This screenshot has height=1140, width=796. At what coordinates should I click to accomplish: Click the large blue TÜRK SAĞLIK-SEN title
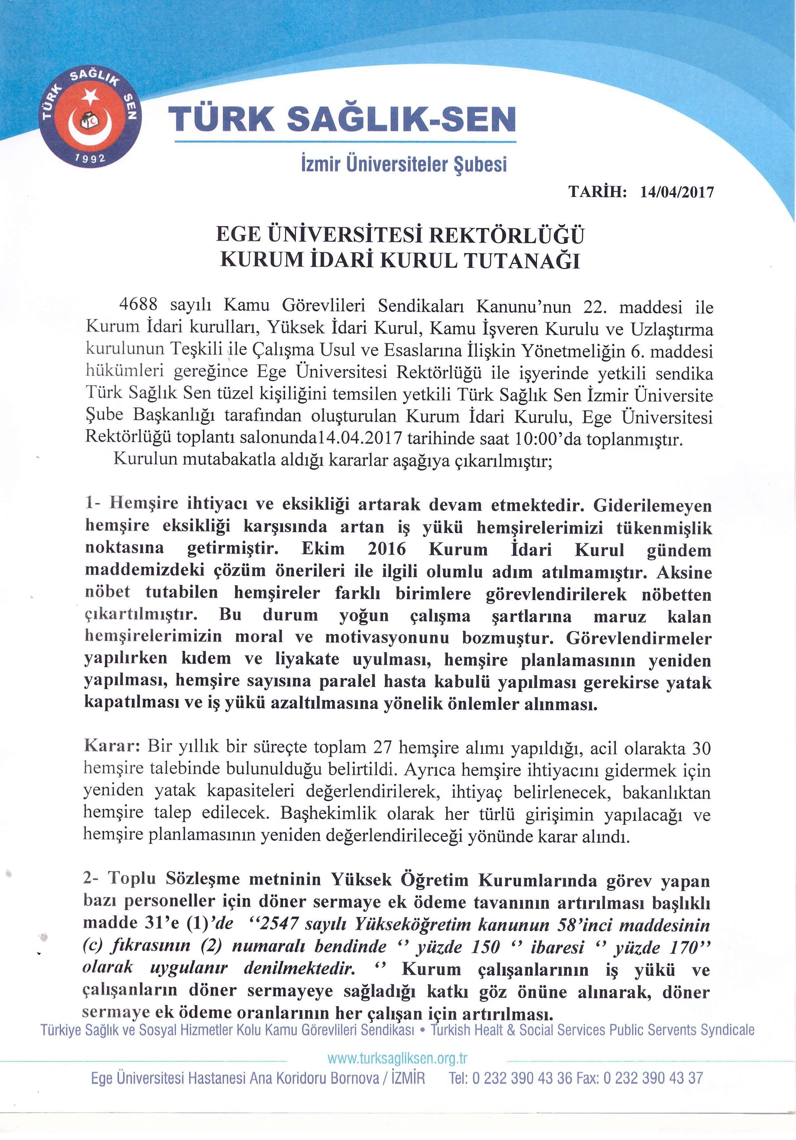pos(343,120)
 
